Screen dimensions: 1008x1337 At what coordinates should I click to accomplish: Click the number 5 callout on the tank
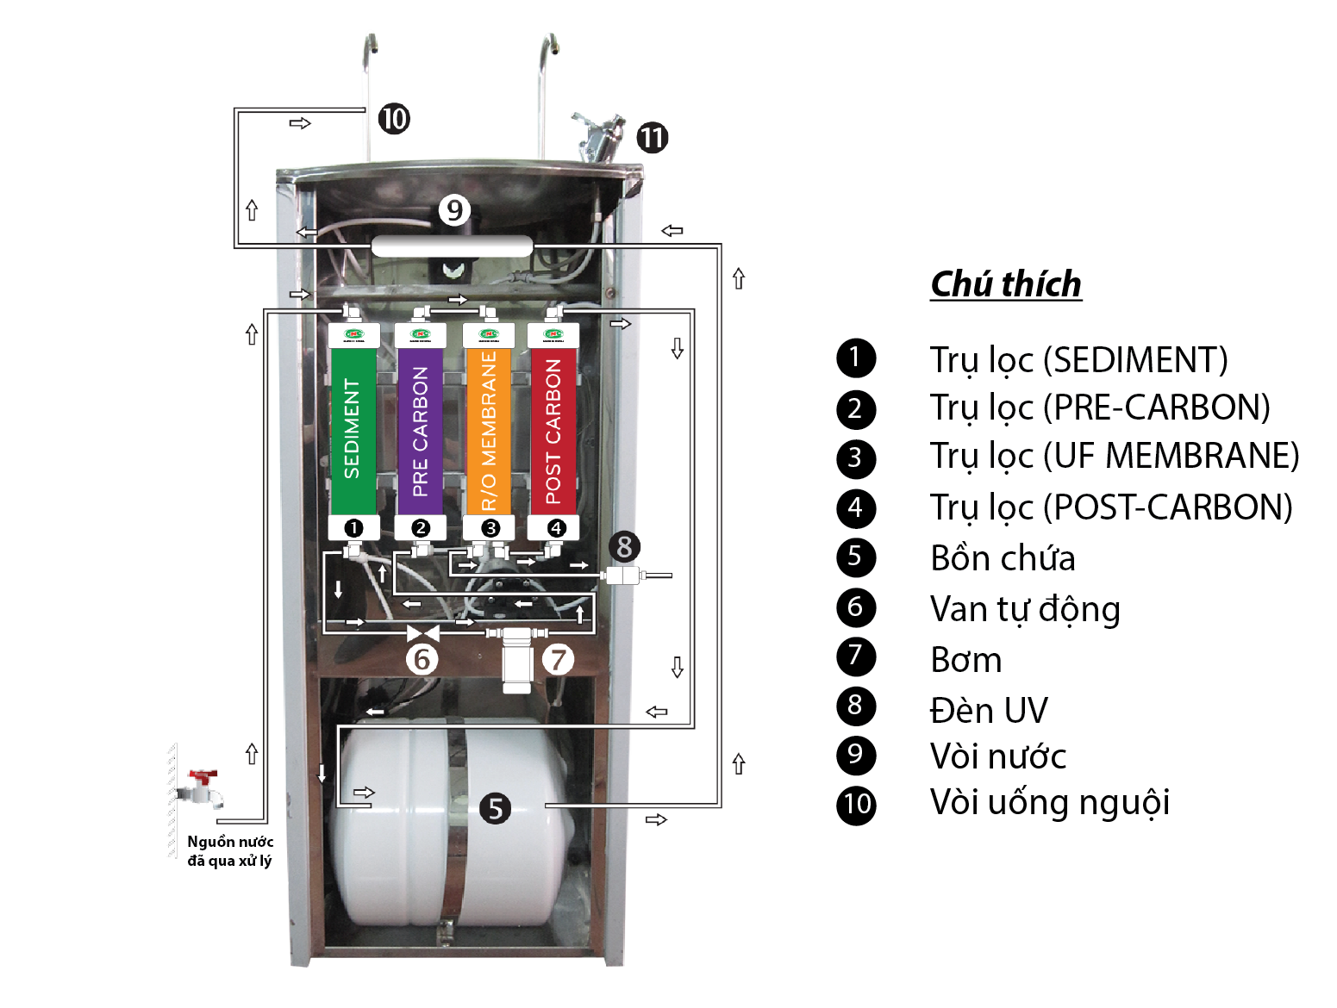(495, 808)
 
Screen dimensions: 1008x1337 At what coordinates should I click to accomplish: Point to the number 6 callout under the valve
(422, 660)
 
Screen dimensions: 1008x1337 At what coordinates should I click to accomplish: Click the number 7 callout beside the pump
(559, 660)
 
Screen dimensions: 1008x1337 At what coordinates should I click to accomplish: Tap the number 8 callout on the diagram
(625, 546)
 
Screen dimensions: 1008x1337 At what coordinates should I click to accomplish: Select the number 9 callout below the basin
(454, 209)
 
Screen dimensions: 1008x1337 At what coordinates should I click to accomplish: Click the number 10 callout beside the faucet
(394, 118)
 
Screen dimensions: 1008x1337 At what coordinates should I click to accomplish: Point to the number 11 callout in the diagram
(653, 137)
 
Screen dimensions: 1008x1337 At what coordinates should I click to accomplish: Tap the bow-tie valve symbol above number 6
(422, 634)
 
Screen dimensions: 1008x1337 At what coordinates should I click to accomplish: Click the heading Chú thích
(1006, 284)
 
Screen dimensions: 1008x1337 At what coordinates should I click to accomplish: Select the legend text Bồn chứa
(1003, 558)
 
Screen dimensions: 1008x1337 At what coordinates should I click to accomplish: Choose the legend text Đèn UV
(989, 711)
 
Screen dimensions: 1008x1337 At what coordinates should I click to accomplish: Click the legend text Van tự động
(1025, 609)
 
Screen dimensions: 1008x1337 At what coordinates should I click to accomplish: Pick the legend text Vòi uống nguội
(1049, 802)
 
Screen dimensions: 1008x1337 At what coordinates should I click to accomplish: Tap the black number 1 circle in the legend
(855, 358)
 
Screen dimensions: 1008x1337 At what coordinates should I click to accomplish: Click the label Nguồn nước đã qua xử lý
(229, 851)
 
